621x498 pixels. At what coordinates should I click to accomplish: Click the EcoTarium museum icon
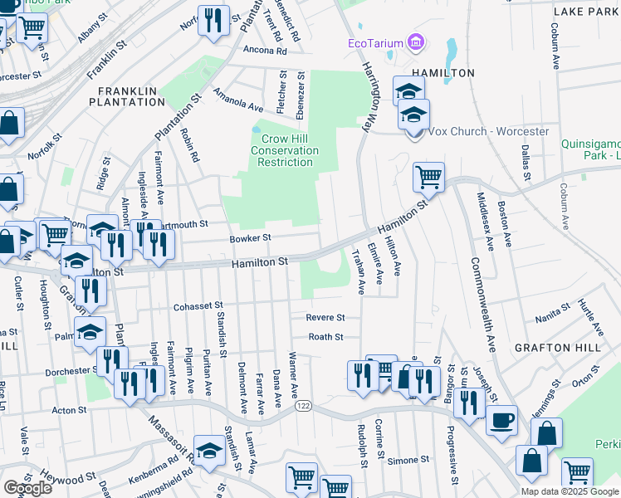tap(416, 42)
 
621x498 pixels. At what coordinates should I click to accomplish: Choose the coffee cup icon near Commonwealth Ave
tap(501, 421)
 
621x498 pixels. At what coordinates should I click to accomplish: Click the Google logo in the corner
tap(27, 488)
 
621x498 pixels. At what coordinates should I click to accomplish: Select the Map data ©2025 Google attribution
tap(569, 491)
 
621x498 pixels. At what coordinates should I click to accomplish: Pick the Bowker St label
tap(250, 238)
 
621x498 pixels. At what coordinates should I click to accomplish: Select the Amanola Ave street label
tap(237, 100)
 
